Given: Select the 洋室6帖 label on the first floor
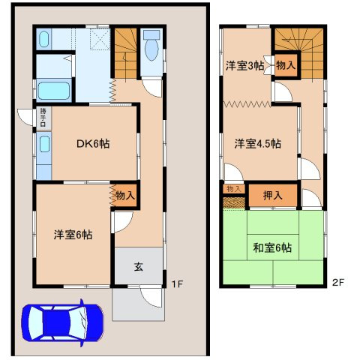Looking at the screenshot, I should [72, 234].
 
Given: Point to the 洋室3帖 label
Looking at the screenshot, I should [244, 65].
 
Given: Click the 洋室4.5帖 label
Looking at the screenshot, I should [256, 142].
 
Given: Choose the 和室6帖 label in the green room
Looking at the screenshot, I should [272, 247].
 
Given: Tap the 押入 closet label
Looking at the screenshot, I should [273, 196].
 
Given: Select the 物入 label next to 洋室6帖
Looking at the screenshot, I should [124, 195].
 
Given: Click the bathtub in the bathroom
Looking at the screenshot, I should [52, 91].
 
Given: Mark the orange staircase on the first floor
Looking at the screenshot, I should [124, 49].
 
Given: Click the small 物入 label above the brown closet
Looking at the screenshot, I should [233, 187].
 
